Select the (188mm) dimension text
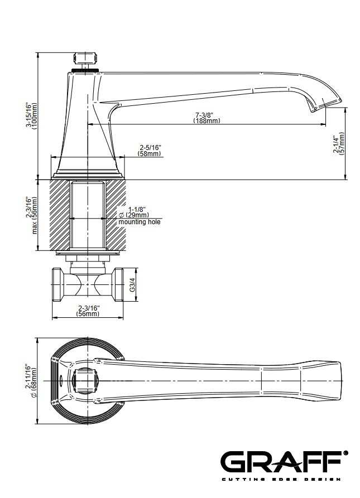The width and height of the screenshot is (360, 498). coord(207,120)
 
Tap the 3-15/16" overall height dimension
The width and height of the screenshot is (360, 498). coord(28,115)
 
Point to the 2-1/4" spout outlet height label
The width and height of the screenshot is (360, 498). coord(335,144)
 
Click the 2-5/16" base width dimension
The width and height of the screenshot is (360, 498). coord(151,148)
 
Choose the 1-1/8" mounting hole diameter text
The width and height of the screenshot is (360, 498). coord(137,210)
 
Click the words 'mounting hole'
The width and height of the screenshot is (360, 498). coord(140,222)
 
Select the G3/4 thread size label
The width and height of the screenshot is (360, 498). coord(132,285)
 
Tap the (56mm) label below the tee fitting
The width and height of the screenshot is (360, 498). coord(88,314)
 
